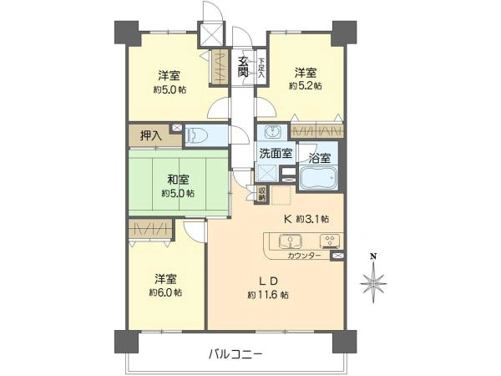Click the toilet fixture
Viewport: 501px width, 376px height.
tap(197, 135)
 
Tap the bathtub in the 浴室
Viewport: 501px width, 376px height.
tap(318, 179)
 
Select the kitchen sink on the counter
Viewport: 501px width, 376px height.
tap(291, 241)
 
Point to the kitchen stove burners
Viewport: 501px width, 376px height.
tap(331, 241)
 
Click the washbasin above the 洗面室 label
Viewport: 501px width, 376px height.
tap(272, 132)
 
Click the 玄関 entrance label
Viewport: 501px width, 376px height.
tap(243, 67)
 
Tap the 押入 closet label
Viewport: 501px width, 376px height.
tap(151, 136)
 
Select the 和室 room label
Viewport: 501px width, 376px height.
tap(178, 180)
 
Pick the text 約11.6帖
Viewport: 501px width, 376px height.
tap(268, 295)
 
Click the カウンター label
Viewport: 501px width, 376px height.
tap(304, 256)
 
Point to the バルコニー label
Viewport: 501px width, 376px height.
tap(236, 354)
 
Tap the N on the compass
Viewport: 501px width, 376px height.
tap(373, 257)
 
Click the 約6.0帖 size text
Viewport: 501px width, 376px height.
tap(165, 292)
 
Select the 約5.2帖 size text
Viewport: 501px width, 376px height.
tap(306, 86)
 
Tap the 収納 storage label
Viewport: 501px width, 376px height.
tap(261, 195)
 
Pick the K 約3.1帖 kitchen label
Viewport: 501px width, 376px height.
tap(306, 219)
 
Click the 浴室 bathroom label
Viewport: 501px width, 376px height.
tap(320, 158)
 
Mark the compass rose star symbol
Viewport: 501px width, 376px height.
tap(373, 283)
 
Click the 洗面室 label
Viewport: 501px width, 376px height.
tap(276, 154)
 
